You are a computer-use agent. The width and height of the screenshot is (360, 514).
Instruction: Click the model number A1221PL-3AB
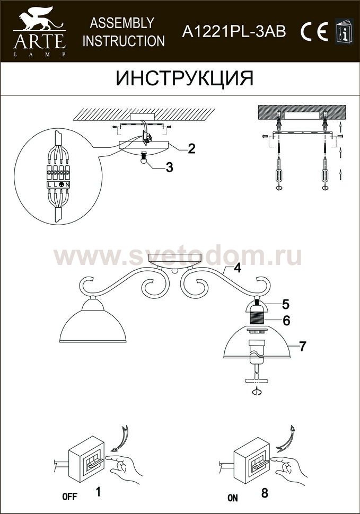(234, 32)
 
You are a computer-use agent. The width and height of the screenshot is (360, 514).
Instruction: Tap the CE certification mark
(314, 32)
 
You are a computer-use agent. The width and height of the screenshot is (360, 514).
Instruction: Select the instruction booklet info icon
(345, 31)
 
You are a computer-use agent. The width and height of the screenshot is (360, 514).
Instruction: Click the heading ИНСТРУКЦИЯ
(185, 78)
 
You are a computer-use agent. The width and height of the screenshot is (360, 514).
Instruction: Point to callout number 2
(191, 148)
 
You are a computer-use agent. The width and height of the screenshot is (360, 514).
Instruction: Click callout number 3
(169, 167)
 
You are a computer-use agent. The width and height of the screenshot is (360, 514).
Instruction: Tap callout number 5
(285, 304)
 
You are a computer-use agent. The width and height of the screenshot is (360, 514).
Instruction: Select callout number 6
(286, 321)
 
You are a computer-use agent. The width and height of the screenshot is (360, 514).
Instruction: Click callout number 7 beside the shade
(302, 346)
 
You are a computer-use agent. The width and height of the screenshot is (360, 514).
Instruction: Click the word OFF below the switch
(70, 497)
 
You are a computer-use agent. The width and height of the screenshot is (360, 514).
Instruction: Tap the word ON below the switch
(232, 498)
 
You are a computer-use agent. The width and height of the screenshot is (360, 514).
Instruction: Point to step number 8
(265, 493)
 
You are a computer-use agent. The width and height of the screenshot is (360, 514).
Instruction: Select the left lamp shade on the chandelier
(92, 321)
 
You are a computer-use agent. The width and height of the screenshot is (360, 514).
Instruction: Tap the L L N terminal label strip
(58, 184)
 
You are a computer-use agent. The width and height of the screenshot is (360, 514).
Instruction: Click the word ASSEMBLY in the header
(122, 23)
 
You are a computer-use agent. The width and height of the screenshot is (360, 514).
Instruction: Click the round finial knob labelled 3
(143, 158)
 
